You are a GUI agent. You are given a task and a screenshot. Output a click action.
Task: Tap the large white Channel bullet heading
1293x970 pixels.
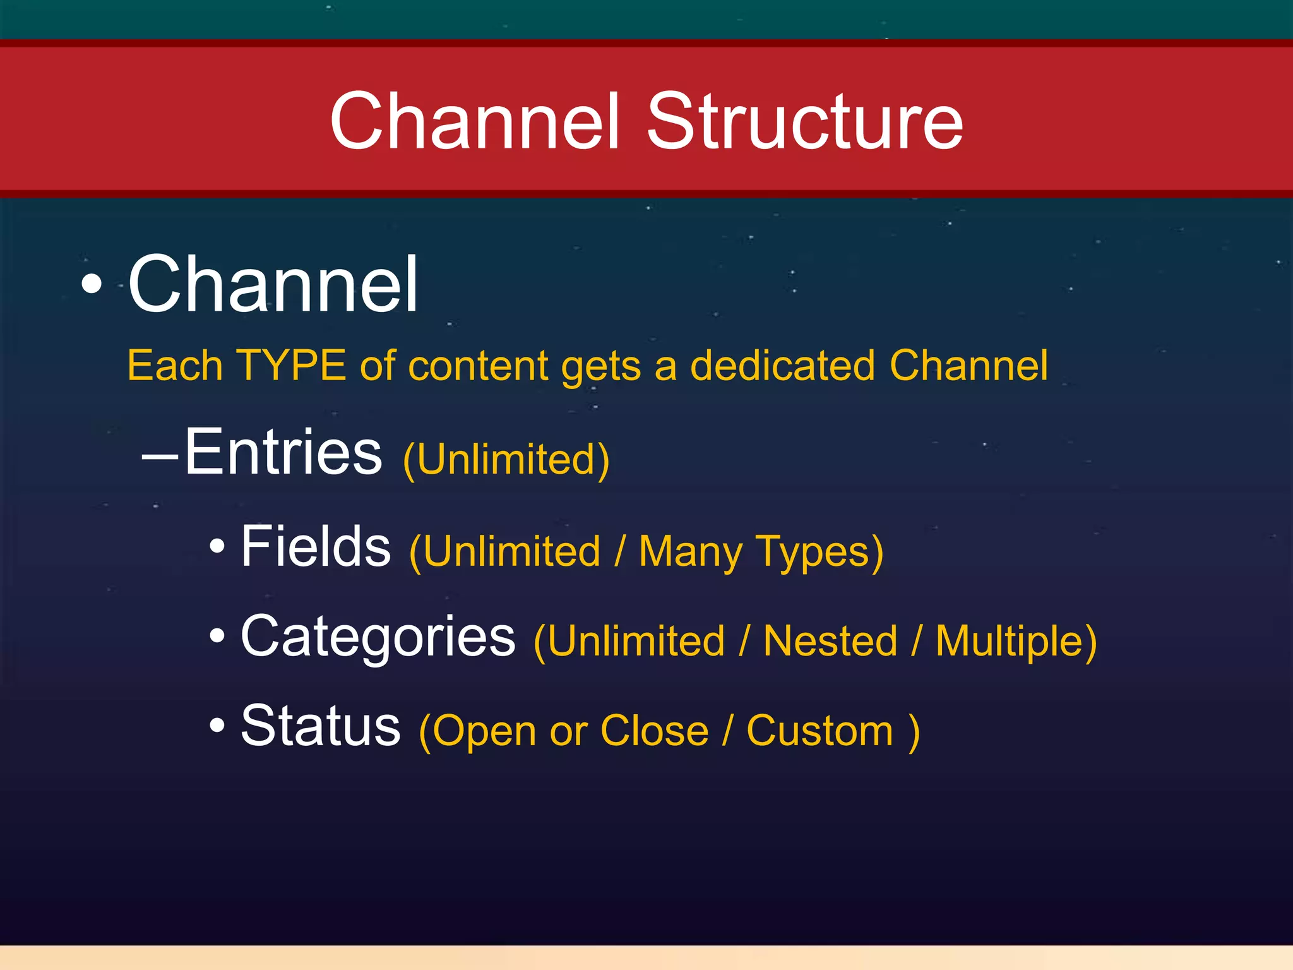pos(273,284)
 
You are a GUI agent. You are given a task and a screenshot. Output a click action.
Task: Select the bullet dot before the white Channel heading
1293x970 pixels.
pos(92,284)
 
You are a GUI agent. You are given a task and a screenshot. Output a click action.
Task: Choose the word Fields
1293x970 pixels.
pos(316,546)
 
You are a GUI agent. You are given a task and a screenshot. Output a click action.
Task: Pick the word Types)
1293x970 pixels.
pos(819,553)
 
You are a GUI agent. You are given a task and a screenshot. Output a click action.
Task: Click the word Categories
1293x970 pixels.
pos(378,637)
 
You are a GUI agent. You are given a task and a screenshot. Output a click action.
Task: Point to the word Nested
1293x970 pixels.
pos(830,641)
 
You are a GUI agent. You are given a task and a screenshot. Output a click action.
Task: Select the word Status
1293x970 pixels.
pos(321,726)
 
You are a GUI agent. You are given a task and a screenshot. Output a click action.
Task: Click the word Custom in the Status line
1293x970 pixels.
pos(819,731)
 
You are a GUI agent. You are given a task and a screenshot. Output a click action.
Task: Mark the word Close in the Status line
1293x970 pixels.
pos(654,731)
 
